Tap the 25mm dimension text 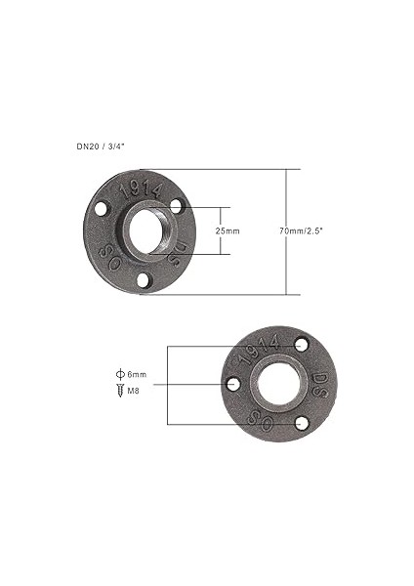tap(226, 231)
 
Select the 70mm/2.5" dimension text tap(300, 230)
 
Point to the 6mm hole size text tap(137, 375)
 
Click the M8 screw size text tap(134, 390)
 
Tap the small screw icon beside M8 tap(119, 390)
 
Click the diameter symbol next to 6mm tap(119, 375)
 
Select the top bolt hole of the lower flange tap(301, 346)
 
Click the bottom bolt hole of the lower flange tap(302, 422)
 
